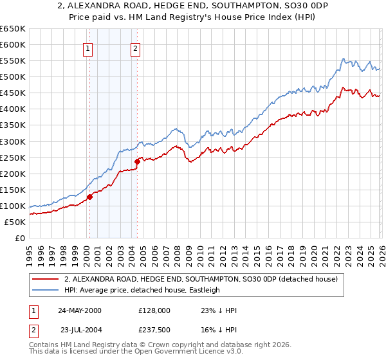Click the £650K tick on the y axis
point(13,29)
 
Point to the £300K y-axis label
point(13,141)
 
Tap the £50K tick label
point(15,222)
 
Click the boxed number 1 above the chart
point(87,47)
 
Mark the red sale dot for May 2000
point(90,197)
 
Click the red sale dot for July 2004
point(137,161)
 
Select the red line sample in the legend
point(45,279)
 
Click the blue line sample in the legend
point(45,290)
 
